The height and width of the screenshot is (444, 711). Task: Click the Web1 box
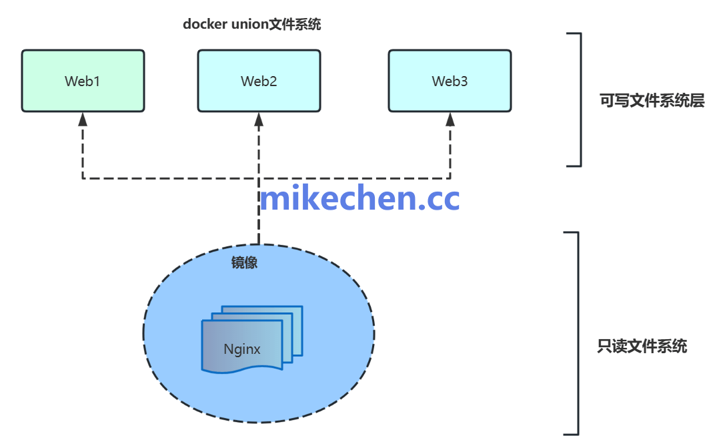[83, 81]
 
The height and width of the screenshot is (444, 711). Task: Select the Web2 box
[259, 81]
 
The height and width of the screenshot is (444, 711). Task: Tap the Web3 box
[450, 81]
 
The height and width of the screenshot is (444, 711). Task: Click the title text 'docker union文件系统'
[252, 25]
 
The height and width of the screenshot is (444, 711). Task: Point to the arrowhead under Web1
[83, 120]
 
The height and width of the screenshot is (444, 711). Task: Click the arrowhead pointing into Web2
[259, 120]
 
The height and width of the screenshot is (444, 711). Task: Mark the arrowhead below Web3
[450, 120]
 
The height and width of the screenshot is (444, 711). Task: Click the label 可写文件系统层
[652, 101]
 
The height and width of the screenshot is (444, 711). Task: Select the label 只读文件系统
[642, 347]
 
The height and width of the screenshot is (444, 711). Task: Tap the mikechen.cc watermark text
[360, 198]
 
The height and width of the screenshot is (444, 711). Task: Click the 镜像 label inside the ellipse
[244, 262]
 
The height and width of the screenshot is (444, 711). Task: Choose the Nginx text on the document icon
[242, 349]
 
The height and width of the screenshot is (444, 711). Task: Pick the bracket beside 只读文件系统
[576, 333]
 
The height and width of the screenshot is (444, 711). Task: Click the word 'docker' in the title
[205, 25]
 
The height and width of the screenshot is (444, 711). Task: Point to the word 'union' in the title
[249, 25]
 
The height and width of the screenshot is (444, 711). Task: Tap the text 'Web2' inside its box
[259, 81]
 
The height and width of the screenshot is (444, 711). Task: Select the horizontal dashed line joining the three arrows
[167, 178]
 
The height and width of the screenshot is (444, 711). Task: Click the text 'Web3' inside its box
[450, 81]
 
